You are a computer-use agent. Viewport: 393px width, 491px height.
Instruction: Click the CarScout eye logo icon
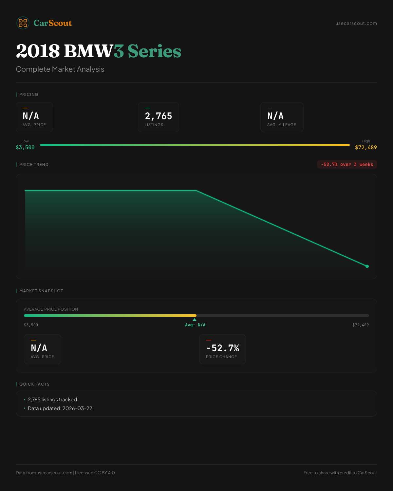(23, 23)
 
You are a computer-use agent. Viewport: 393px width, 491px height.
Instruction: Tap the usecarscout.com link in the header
(356, 23)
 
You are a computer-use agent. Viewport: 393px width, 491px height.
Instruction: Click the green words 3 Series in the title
(147, 51)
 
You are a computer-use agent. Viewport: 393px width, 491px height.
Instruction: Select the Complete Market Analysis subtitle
(60, 69)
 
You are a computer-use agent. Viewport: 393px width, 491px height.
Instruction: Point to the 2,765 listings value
(159, 116)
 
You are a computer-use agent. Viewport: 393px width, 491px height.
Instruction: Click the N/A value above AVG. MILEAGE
(275, 116)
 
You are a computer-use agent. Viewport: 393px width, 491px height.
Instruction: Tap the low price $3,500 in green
(25, 148)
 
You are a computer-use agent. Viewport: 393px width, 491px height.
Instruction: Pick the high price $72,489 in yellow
(366, 148)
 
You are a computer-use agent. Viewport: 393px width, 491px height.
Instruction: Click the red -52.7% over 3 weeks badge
(347, 164)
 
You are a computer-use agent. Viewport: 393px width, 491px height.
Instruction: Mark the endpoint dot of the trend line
(367, 266)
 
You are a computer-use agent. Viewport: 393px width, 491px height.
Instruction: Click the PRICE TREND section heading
(34, 165)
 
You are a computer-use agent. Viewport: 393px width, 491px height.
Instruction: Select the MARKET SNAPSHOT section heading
(41, 291)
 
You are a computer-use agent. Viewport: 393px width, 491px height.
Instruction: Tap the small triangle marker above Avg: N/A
(195, 319)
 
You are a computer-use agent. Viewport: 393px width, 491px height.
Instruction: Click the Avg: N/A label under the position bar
(195, 325)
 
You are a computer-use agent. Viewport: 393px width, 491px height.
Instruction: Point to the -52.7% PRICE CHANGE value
(223, 348)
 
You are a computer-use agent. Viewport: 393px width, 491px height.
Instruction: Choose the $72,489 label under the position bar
(360, 325)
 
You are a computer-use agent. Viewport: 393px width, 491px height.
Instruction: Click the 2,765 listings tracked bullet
(52, 400)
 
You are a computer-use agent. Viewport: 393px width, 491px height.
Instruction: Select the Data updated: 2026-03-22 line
(60, 409)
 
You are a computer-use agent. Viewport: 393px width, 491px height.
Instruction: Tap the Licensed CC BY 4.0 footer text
(95, 473)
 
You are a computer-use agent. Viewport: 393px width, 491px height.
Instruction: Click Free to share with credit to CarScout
(340, 473)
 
